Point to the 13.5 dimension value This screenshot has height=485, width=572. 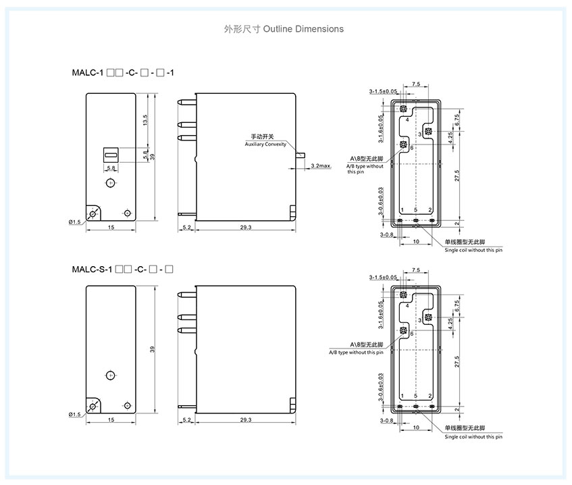(145, 120)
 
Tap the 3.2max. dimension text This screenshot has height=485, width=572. (320, 165)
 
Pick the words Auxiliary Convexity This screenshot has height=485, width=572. (265, 145)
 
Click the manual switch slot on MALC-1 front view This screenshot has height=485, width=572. (111, 154)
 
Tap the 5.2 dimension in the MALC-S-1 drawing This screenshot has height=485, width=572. (186, 420)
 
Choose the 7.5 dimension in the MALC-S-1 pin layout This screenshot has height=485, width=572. (415, 270)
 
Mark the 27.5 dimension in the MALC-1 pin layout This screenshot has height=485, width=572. (457, 176)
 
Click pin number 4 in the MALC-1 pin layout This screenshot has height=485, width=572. (407, 119)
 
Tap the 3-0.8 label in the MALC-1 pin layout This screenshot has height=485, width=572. (386, 234)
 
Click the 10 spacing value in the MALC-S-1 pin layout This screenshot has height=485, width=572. (415, 428)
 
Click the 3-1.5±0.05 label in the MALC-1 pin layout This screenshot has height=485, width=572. (383, 91)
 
